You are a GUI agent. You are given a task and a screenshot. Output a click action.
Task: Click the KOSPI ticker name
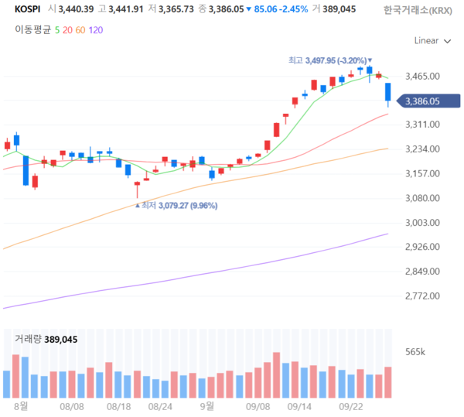click(x=29, y=9)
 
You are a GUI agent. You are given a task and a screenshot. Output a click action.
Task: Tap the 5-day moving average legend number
click(x=57, y=29)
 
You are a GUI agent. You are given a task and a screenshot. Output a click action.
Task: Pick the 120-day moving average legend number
click(x=96, y=29)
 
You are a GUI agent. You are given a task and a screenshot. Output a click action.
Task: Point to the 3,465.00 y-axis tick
click(x=421, y=76)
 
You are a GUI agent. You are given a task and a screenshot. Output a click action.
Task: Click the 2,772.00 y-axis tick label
click(x=421, y=296)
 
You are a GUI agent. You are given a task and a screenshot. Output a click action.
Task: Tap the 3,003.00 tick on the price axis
click(x=421, y=223)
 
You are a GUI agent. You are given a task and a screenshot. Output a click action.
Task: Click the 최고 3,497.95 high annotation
click(x=328, y=60)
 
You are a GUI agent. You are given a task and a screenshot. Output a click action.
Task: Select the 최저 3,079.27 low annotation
click(x=177, y=206)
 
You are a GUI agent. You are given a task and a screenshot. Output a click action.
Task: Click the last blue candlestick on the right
click(x=387, y=94)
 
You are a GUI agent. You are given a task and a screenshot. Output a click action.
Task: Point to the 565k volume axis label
click(x=416, y=352)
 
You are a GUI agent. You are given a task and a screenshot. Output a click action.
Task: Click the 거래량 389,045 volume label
click(x=46, y=339)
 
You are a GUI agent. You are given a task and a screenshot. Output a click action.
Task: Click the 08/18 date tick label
click(x=118, y=405)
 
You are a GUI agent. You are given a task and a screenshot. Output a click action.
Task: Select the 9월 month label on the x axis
click(x=206, y=405)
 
